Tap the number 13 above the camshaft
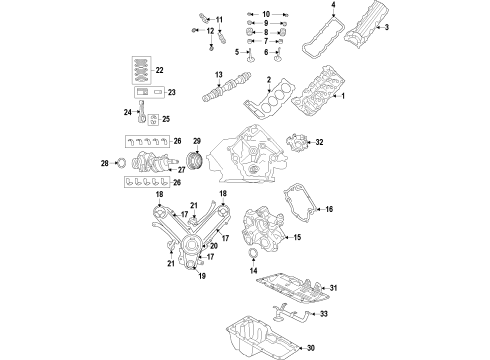216,76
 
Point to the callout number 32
319,144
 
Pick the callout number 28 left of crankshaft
105,162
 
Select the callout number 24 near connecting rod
128,112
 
